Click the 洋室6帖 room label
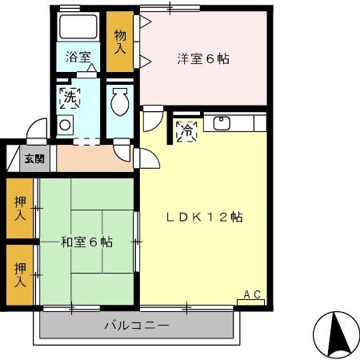203,58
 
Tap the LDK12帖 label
205,217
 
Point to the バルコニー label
137,326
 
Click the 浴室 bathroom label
78,58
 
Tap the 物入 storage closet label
120,42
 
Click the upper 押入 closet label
20,207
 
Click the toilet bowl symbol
119,102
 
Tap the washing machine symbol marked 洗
70,98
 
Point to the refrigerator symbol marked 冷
186,130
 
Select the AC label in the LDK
252,294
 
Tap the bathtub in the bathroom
78,26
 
